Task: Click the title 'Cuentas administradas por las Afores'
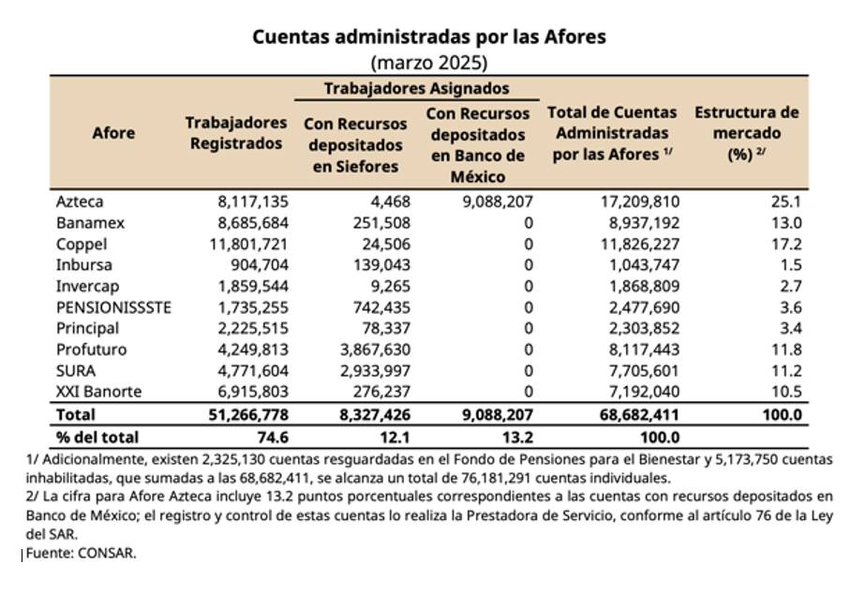430,37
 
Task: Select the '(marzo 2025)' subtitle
430,63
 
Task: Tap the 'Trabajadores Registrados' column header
235,133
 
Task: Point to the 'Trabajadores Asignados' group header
417,88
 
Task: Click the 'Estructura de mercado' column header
746,133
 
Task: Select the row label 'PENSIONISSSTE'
114,307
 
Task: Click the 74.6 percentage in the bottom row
272,437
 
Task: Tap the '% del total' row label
97,437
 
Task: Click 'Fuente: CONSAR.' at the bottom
81,553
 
